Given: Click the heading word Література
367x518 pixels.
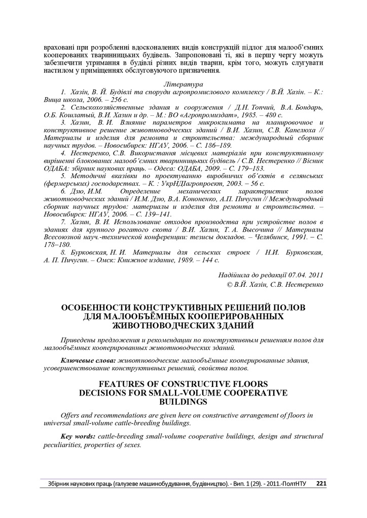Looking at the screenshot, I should click(x=184, y=83).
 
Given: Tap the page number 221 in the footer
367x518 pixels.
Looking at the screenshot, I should click(x=321, y=484).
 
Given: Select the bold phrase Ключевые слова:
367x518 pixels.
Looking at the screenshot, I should click(x=87, y=360).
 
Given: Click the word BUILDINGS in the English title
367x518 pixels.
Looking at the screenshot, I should click(x=183, y=402).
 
